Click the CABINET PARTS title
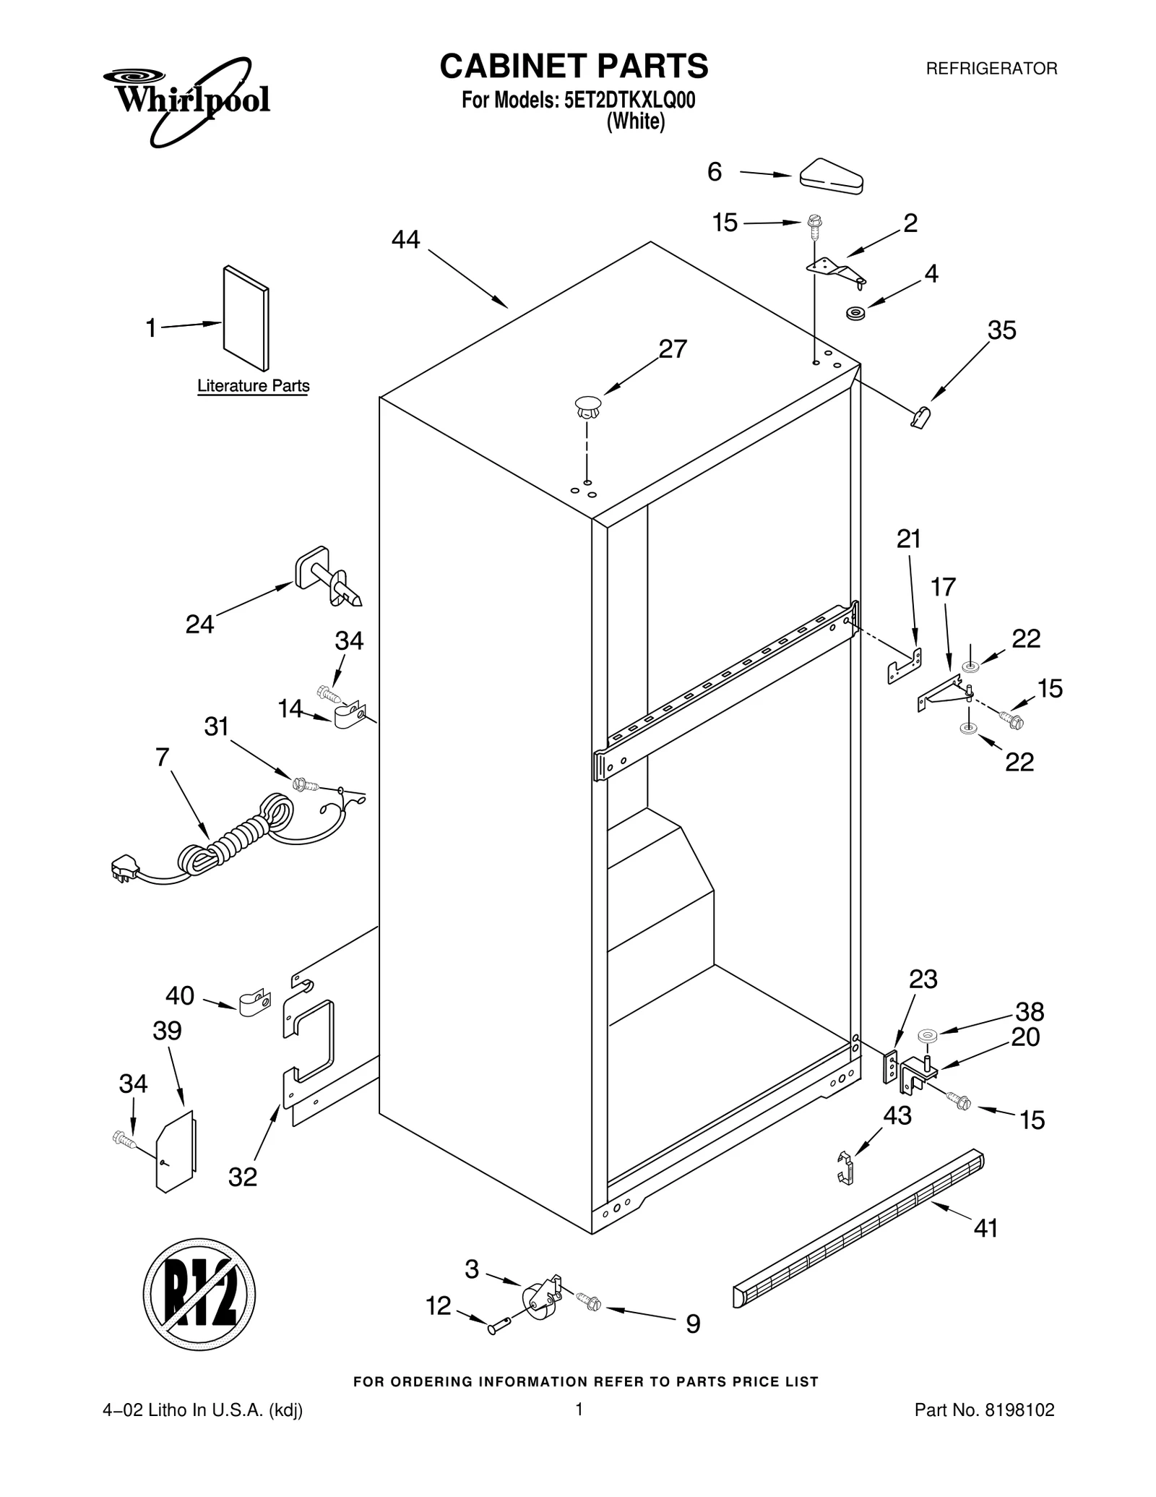tap(574, 66)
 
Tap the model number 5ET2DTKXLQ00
tap(628, 100)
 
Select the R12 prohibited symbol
tap(199, 1293)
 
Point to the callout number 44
tap(405, 239)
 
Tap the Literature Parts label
tap(253, 386)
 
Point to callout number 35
tap(1001, 330)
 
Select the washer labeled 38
tap(927, 1037)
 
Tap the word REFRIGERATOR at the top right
tap(991, 69)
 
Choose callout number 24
tap(199, 625)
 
